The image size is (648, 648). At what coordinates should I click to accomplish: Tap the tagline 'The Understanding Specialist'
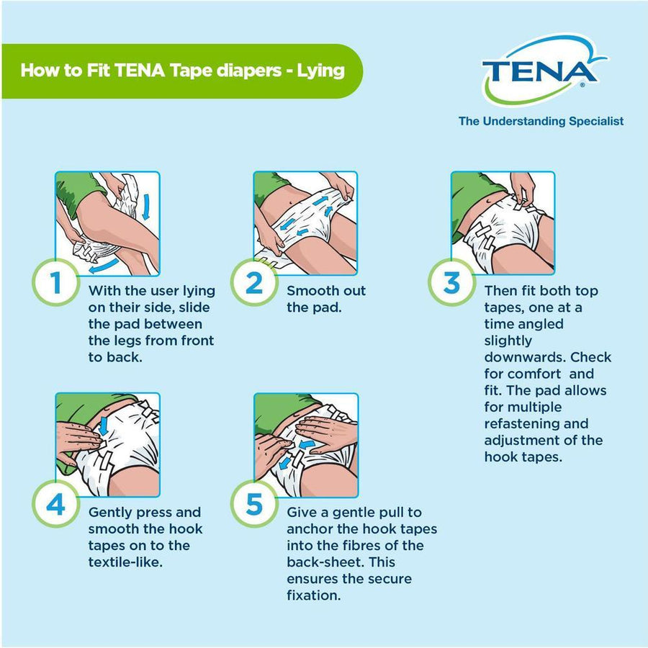(541, 121)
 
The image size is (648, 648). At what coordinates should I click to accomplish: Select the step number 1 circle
(55, 284)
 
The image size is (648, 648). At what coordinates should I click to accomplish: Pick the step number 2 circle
(254, 284)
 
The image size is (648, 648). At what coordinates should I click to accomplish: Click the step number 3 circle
(451, 282)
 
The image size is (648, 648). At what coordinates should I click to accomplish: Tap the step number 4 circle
(55, 505)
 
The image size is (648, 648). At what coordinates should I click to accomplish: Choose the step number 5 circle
(254, 505)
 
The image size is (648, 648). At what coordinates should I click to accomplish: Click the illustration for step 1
(107, 222)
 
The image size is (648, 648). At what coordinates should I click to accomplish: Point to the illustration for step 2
(305, 222)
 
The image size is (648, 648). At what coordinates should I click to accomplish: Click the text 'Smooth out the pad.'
(326, 300)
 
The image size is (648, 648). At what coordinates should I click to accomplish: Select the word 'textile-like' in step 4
(125, 562)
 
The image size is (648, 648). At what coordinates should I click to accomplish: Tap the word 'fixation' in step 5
(314, 595)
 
